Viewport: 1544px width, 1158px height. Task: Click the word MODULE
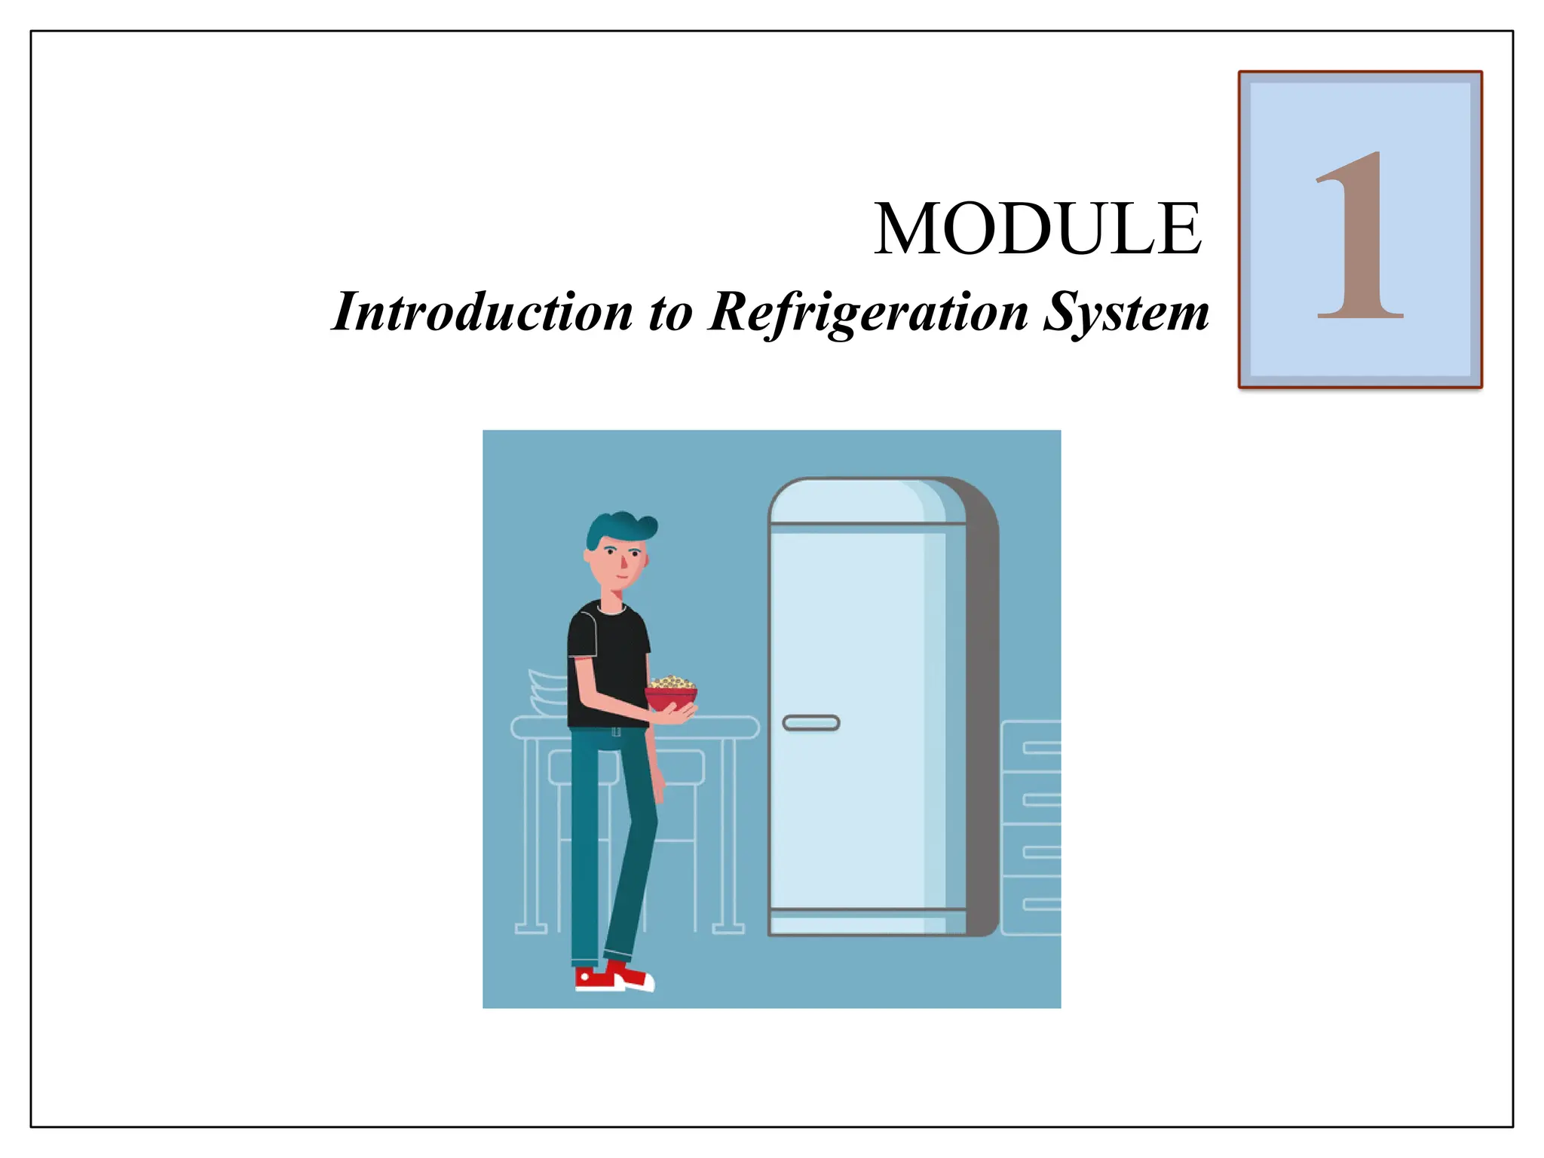[x=1037, y=229]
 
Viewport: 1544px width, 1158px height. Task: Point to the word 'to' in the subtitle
[x=670, y=312]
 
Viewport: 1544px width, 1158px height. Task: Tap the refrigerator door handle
[x=811, y=723]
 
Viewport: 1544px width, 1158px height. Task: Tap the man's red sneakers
[x=612, y=977]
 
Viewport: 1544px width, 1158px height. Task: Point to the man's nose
[x=624, y=563]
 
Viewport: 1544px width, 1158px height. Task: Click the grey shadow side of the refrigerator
[x=982, y=716]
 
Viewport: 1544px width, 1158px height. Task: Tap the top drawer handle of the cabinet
[x=1042, y=748]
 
